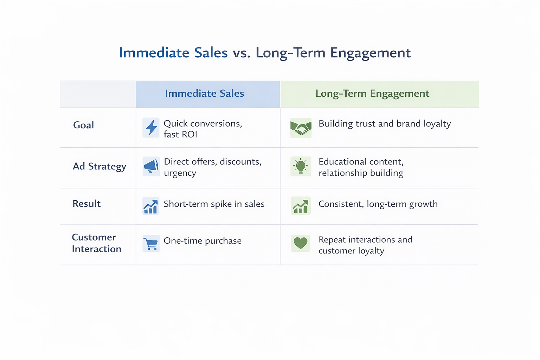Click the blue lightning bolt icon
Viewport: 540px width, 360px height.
[151, 127]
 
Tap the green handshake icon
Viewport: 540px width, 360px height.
[301, 128]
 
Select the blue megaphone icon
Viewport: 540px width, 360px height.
[151, 166]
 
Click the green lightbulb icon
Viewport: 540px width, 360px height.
[301, 166]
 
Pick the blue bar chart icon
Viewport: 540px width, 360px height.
[151, 206]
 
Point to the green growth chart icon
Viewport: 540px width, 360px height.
[301, 206]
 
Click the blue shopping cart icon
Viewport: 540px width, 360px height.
[151, 243]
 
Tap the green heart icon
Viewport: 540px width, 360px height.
[301, 243]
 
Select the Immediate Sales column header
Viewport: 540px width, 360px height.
[204, 94]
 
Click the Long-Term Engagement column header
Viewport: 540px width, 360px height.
[372, 94]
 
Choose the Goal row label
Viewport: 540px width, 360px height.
[83, 125]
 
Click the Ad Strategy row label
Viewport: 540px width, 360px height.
[99, 166]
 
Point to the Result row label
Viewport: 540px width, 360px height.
[86, 204]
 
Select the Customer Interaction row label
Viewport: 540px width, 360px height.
[96, 243]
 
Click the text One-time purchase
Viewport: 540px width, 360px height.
[202, 241]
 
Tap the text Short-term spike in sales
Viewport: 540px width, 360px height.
[214, 204]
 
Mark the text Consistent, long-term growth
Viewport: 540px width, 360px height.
[378, 204]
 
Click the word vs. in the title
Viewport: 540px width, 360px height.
[242, 53]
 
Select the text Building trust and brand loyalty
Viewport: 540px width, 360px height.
[385, 124]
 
